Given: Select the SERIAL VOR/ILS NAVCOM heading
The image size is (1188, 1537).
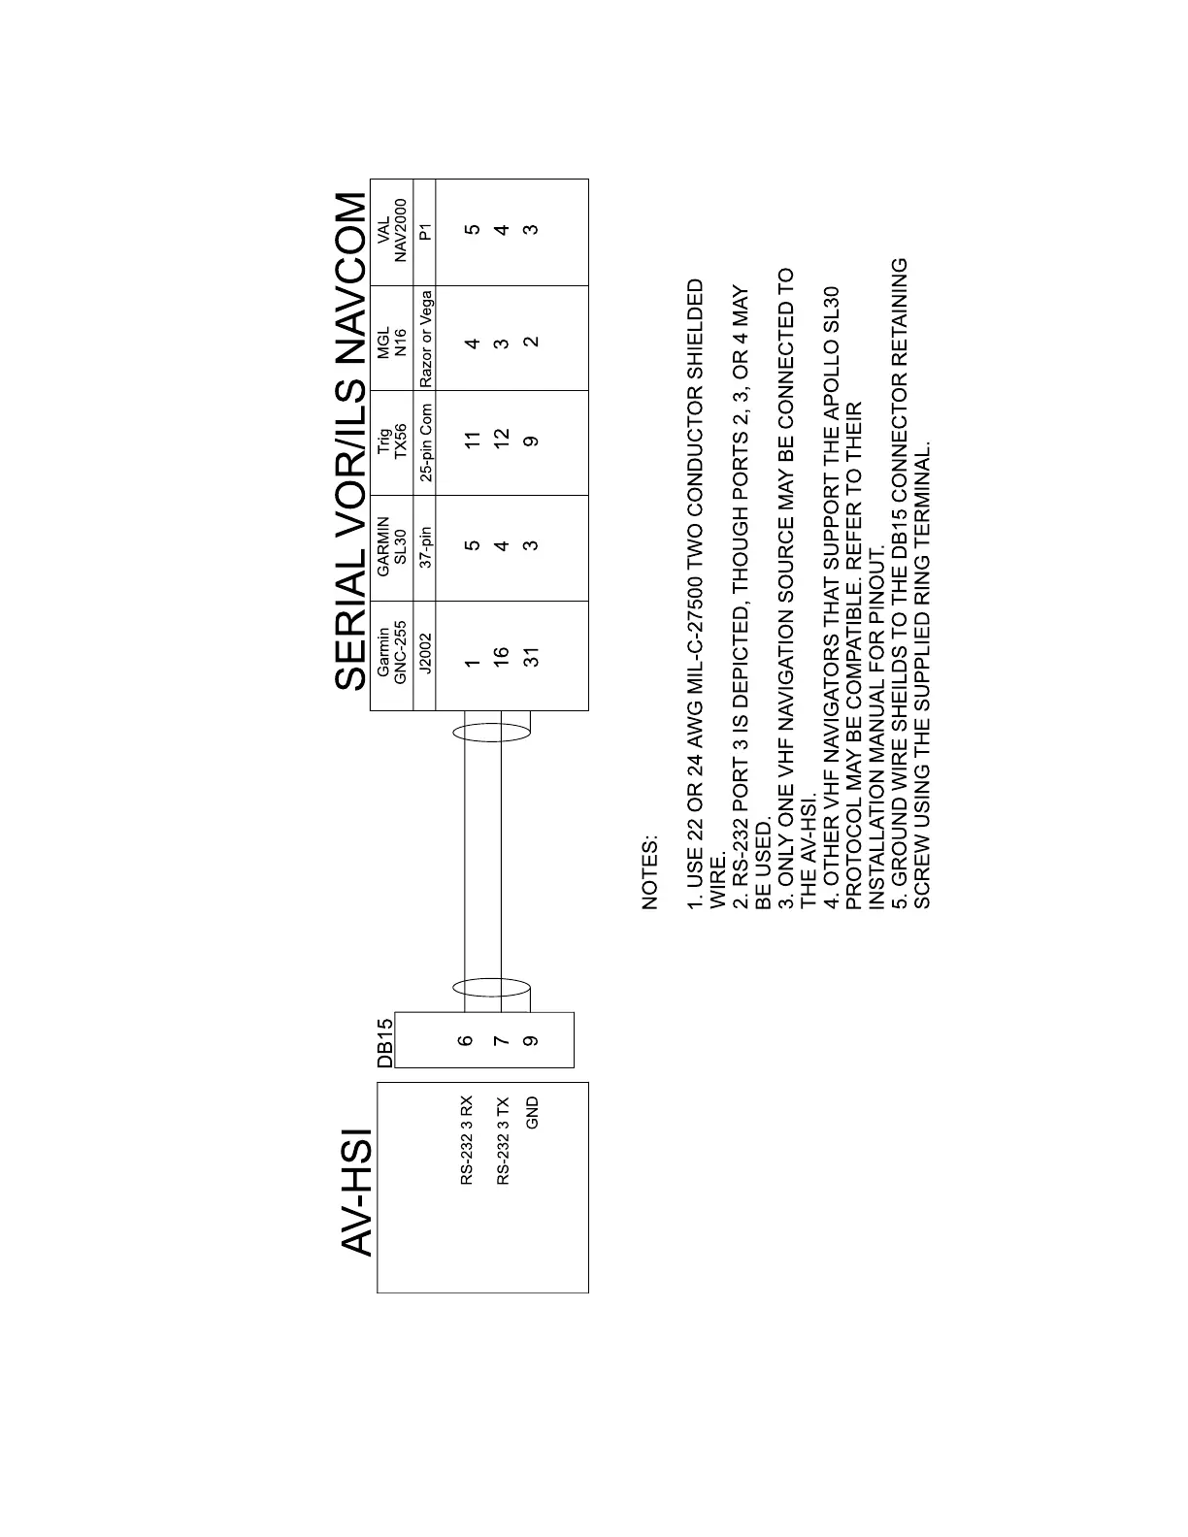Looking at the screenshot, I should coord(350,442).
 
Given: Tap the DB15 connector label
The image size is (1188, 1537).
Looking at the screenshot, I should coord(385,1042).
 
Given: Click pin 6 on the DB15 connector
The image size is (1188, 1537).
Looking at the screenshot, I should coord(466,1040).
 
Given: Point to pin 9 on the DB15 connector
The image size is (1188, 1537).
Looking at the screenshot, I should coord(530,1040).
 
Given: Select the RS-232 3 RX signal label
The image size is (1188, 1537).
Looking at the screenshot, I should coord(467,1140).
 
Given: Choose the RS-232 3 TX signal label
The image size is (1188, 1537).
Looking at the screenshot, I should coord(502,1140).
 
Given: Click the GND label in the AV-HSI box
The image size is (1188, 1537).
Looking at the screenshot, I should coord(531,1112).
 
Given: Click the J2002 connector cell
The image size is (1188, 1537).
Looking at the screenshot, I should coord(425,656).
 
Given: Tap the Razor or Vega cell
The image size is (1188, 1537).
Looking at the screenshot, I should coord(425,338).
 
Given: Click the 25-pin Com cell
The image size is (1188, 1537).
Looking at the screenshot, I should coord(425,443).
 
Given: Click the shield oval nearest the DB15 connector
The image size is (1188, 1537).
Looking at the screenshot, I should coord(491,989).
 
